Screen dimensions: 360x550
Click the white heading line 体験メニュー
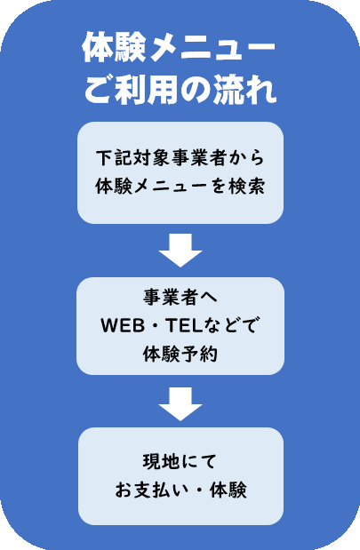click(179, 48)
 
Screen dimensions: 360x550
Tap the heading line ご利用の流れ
click(180, 90)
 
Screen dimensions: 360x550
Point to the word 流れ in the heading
click(244, 90)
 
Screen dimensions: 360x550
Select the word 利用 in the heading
click(148, 90)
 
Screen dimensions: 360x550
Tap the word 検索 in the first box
click(246, 186)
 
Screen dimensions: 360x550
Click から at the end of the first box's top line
click(247, 158)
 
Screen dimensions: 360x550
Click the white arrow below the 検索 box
click(180, 251)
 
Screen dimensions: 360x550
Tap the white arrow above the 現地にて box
click(180, 404)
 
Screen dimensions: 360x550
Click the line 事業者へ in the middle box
click(180, 298)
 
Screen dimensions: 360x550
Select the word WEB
click(123, 325)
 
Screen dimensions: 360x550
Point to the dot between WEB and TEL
click(156, 326)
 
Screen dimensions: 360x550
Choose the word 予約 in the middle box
click(199, 354)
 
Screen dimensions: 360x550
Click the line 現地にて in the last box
click(180, 462)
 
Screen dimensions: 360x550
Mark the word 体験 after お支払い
click(228, 490)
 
